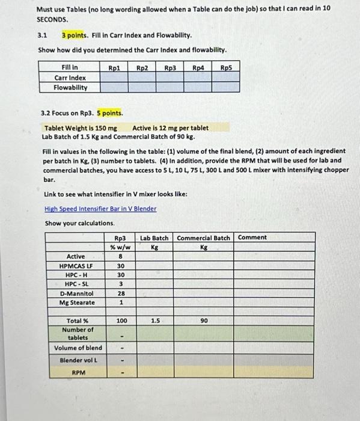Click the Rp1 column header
(x=114, y=68)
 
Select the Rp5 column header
(x=226, y=68)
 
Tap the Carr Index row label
(x=70, y=78)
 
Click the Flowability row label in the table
(x=70, y=87)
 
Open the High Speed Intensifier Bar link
(x=100, y=209)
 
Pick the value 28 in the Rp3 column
(x=120, y=293)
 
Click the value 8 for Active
(x=120, y=257)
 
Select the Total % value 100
(x=120, y=321)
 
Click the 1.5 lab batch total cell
(x=154, y=321)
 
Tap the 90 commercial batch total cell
(x=204, y=321)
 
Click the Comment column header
(x=252, y=238)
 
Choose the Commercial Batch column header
(x=204, y=238)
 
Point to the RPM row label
(x=78, y=373)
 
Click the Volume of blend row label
(x=78, y=348)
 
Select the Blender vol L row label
(x=78, y=360)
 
